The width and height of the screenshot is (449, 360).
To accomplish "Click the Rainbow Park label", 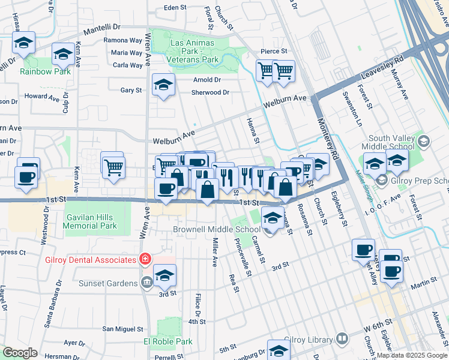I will [x=45, y=71].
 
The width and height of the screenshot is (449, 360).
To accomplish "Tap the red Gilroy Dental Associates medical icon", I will [x=144, y=260].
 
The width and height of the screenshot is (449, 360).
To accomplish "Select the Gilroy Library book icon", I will [x=342, y=338].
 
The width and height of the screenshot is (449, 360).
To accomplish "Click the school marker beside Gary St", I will [x=163, y=85].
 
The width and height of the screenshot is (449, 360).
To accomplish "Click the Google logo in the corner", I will [x=20, y=353].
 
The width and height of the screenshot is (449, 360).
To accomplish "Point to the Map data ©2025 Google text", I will [x=412, y=355].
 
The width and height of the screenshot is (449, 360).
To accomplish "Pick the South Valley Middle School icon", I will [x=424, y=142].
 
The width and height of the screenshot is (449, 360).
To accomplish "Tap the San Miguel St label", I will [x=123, y=329].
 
